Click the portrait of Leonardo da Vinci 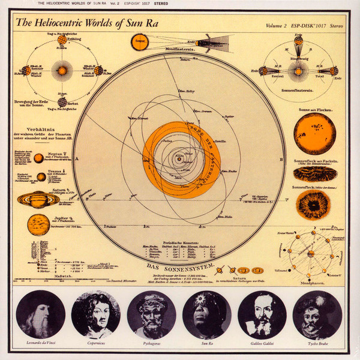pos(40,314)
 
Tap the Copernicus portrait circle pos(95,314)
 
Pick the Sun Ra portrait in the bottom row pos(207,314)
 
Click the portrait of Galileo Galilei pos(262,314)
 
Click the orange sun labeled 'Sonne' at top pos(141,43)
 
